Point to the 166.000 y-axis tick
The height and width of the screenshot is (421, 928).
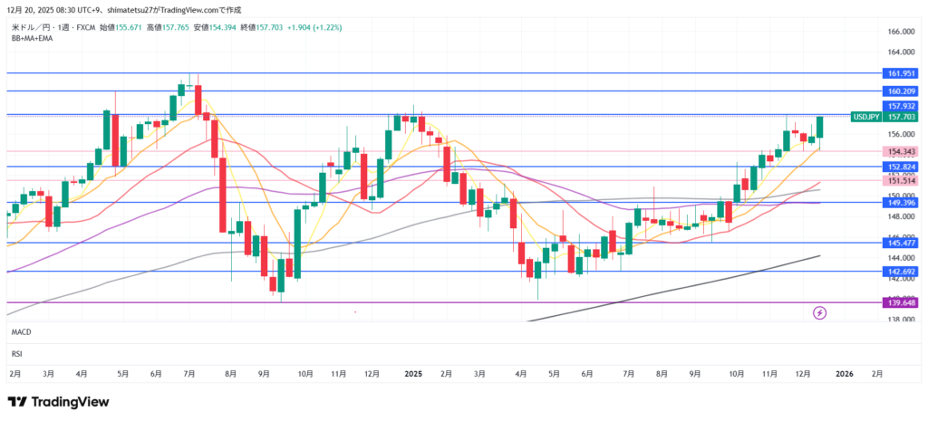coord(898,32)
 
